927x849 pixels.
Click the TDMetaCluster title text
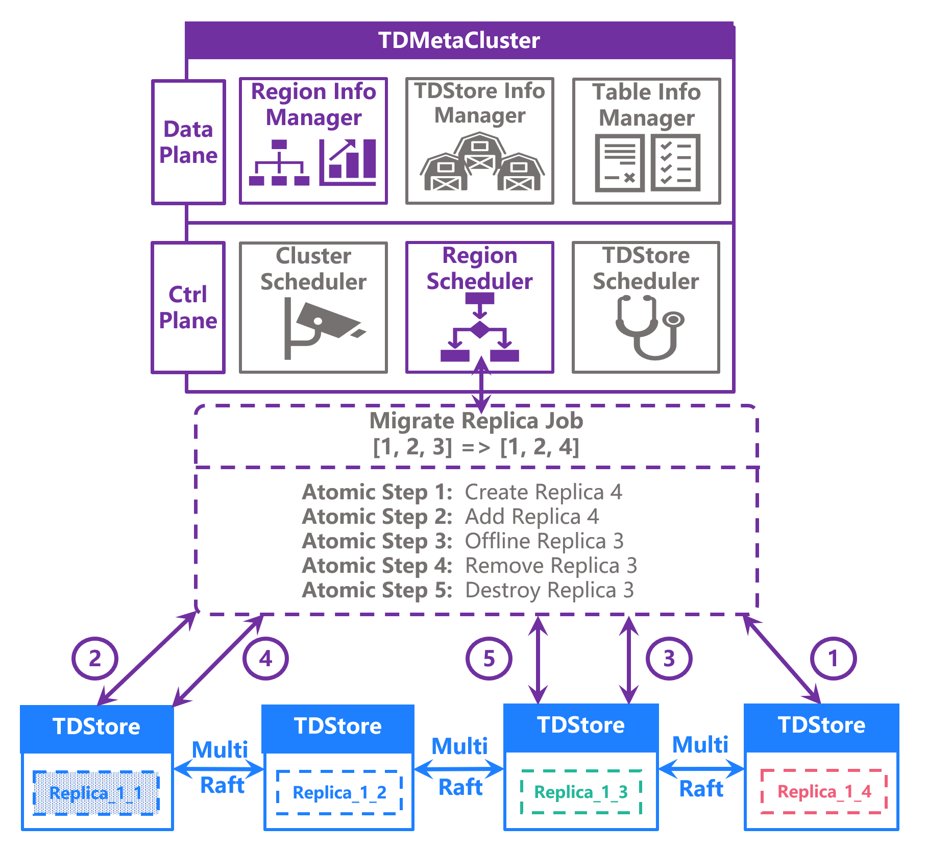point(459,40)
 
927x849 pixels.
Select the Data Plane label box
point(188,142)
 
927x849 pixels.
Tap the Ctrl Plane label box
point(188,307)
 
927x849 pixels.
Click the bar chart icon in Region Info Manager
point(348,162)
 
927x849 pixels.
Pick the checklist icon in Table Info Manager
point(675,163)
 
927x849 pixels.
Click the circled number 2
point(95,659)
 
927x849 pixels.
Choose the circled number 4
point(265,659)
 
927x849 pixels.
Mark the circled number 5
point(489,659)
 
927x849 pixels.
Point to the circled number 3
point(669,659)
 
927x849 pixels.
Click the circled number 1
point(833,659)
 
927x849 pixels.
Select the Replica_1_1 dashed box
point(96,793)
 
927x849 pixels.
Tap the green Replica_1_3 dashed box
point(581,792)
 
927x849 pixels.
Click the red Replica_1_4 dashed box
point(824,791)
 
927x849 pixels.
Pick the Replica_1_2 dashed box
point(339,792)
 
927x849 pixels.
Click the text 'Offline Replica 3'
point(544,541)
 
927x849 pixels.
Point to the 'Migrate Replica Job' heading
point(476,421)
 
